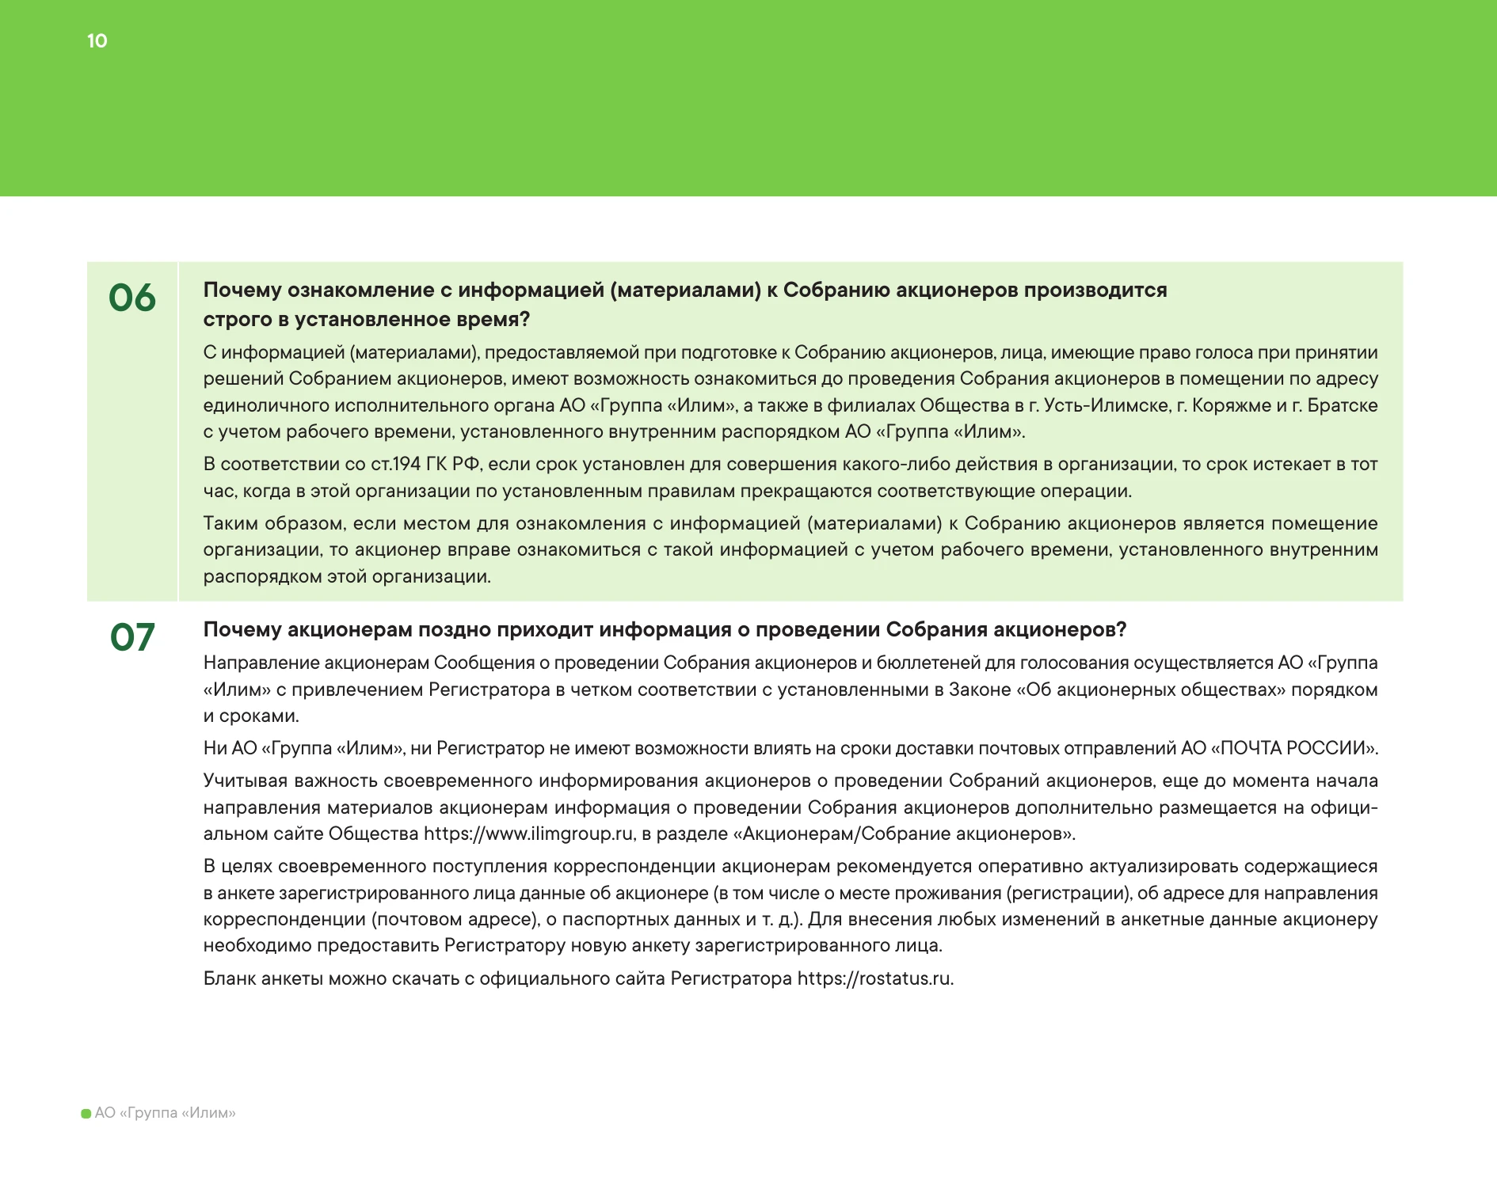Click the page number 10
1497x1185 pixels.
(x=97, y=41)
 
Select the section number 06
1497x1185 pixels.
(x=132, y=298)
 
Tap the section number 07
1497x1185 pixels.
(x=132, y=638)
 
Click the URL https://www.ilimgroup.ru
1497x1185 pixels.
(x=528, y=834)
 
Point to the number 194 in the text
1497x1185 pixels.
(x=409, y=464)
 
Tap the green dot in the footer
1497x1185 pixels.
(x=86, y=1114)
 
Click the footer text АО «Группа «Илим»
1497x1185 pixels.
(x=165, y=1113)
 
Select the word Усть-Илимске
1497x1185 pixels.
(x=1106, y=405)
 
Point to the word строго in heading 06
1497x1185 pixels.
(x=238, y=320)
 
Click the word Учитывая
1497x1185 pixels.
(x=245, y=781)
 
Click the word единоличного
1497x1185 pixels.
(x=265, y=405)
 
